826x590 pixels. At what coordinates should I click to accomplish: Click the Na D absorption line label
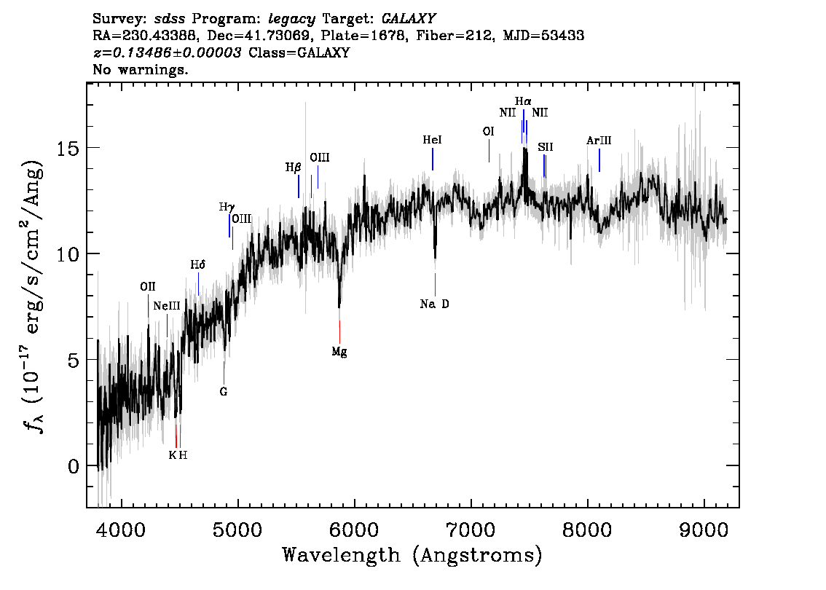pos(435,304)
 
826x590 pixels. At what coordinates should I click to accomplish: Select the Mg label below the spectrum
pos(339,352)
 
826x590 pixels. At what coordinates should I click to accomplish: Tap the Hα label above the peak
pos(523,102)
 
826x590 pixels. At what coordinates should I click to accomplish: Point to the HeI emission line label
pos(432,140)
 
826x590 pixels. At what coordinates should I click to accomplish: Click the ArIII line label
pos(599,141)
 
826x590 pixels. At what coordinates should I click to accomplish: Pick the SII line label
pos(546,147)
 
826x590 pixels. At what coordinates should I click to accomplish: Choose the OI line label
pos(489,131)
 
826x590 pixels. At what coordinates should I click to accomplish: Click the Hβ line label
pos(293,168)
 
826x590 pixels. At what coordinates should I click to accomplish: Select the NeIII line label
pos(167,306)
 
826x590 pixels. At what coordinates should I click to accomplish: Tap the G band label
pos(224,391)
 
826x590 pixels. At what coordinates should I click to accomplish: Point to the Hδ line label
pos(198,265)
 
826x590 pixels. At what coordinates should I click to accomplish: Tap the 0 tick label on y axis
pos(72,466)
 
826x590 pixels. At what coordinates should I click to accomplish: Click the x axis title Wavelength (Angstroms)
pos(412,555)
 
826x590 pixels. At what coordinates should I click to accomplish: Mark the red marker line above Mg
pos(339,327)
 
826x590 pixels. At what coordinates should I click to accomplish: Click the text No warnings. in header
pos(141,70)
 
